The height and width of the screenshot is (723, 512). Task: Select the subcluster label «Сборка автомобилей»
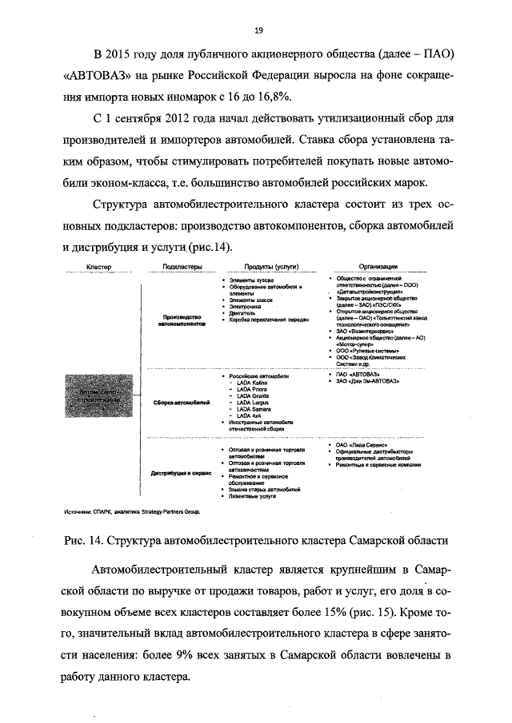[x=181, y=402]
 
